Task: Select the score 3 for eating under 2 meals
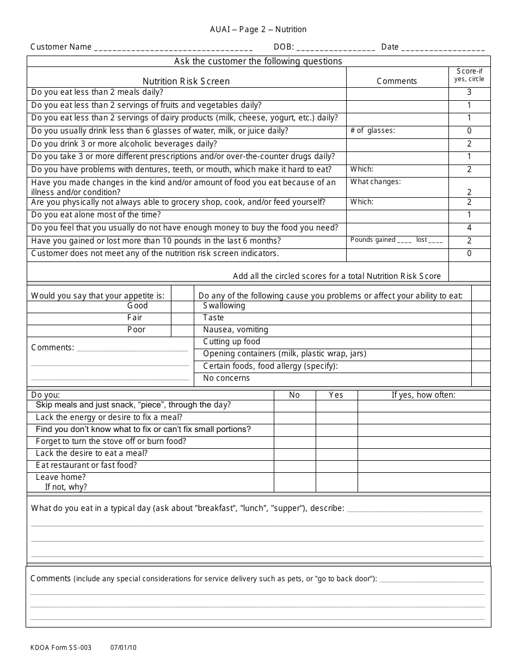[x=469, y=93]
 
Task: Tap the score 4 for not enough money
[x=469, y=228]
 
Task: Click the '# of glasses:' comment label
[x=373, y=131]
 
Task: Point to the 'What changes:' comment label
[x=376, y=182]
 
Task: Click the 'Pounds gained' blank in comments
[x=404, y=241]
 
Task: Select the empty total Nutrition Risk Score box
[x=469, y=272]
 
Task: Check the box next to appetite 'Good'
[x=182, y=306]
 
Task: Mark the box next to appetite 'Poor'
[x=182, y=330]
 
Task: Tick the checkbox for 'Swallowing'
[x=480, y=306]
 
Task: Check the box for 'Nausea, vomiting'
[x=480, y=330]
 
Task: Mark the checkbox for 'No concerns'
[x=480, y=379]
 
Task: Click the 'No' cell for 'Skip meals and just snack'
[x=294, y=405]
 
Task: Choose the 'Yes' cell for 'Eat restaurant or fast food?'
[x=336, y=466]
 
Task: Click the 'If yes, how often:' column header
[x=423, y=395]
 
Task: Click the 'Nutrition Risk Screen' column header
[x=186, y=81]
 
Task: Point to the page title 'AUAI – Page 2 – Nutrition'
[x=258, y=29]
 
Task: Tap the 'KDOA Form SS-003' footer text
[x=61, y=648]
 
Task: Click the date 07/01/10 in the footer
[x=124, y=648]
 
